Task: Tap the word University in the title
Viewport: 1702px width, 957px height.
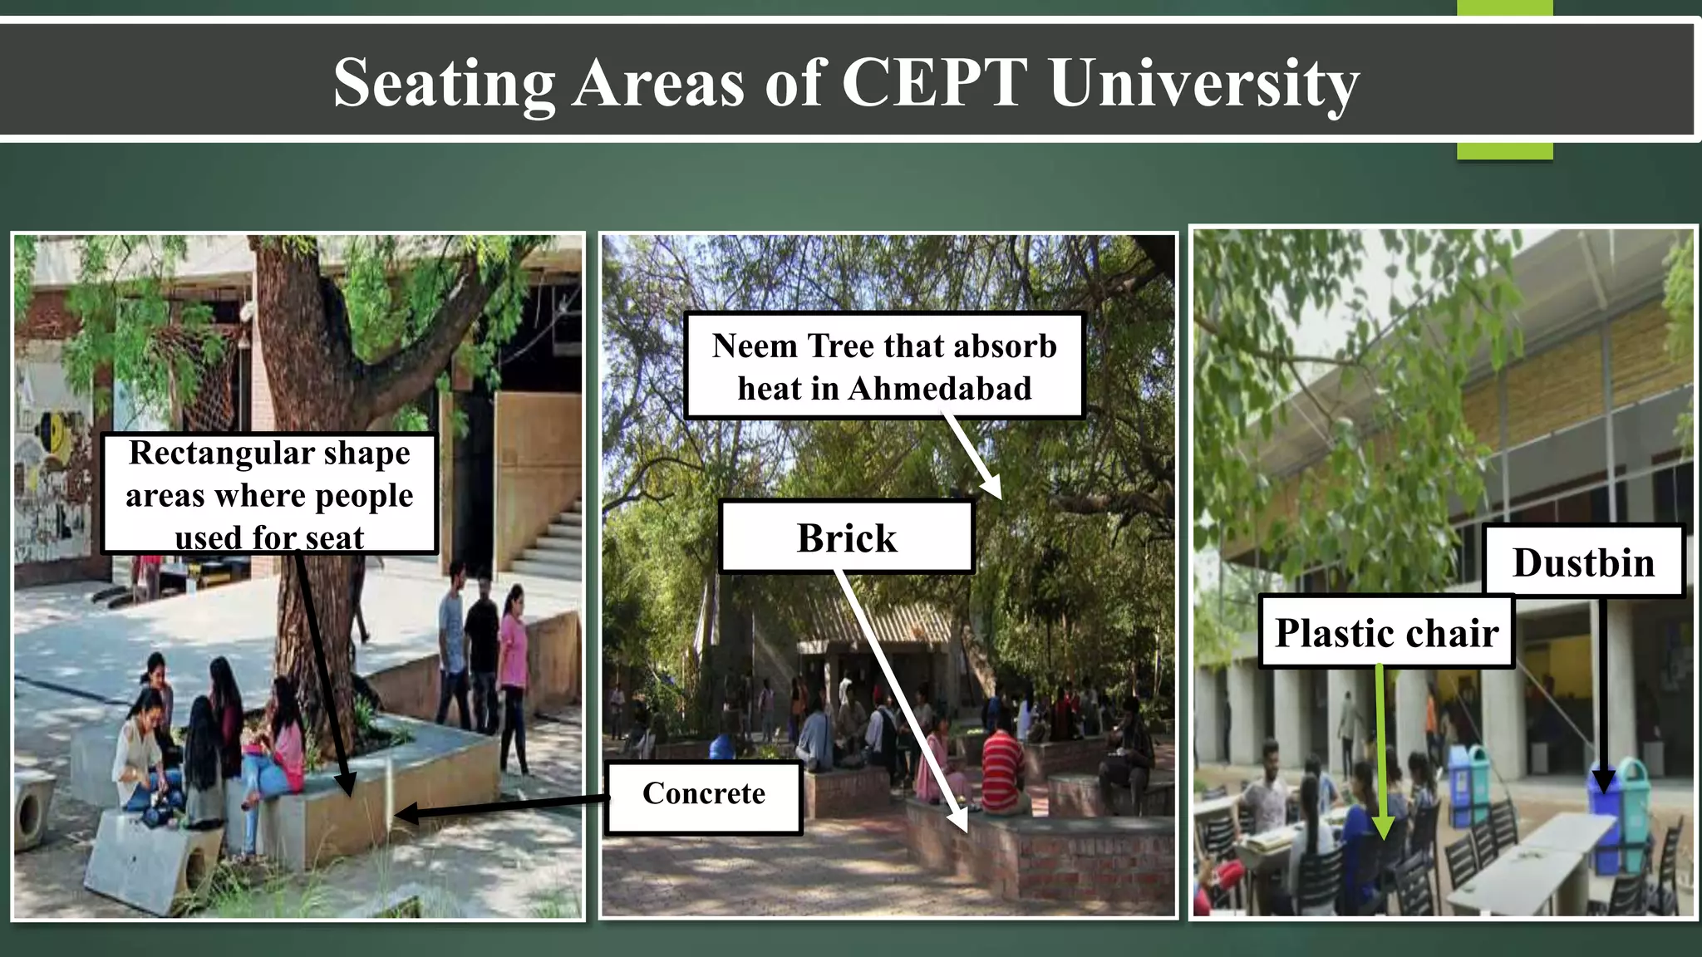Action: (1203, 84)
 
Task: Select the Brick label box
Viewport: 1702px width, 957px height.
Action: (846, 537)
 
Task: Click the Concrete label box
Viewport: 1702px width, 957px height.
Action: (704, 795)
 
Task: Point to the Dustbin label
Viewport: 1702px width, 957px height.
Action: (1583, 562)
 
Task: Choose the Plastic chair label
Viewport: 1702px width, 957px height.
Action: (1385, 633)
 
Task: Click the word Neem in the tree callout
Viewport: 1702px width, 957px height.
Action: (754, 346)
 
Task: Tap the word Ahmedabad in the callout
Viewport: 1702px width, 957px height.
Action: (940, 389)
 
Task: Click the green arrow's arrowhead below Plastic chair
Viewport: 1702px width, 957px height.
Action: (1382, 828)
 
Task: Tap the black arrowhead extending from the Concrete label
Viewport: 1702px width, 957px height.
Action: (405, 813)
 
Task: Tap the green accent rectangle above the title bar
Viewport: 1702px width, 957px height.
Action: (1504, 7)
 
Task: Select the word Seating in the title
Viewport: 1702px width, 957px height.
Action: (444, 84)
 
